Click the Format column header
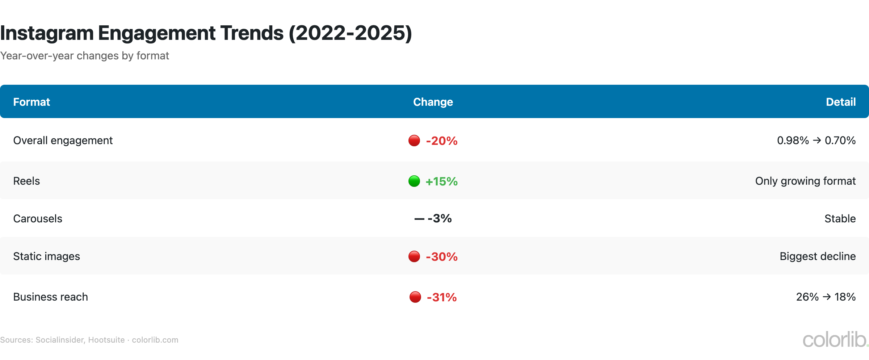(32, 102)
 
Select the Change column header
(433, 102)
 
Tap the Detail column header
(840, 102)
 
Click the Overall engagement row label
(63, 141)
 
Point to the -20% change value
(441, 141)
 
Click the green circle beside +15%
(414, 181)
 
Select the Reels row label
(26, 181)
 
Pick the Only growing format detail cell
(805, 181)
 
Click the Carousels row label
(38, 219)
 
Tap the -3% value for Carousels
(439, 218)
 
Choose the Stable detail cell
(840, 219)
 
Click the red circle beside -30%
(414, 256)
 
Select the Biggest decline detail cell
(817, 256)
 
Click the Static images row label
(46, 256)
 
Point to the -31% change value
(441, 297)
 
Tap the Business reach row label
(50, 297)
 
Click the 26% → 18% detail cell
(826, 297)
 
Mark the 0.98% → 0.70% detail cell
(816, 141)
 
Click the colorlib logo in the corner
(834, 340)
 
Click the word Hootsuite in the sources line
(106, 340)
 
